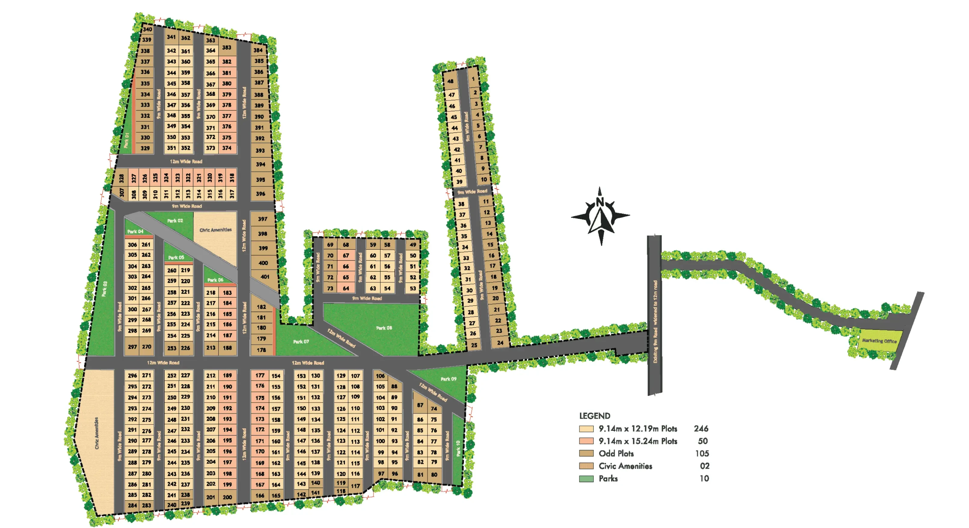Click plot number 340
147,29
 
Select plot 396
260,194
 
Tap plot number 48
450,81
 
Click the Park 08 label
384,328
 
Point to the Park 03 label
105,289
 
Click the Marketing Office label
879,341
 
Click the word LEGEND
594,416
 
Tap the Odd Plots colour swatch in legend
586,453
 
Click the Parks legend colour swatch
586,479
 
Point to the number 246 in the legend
701,429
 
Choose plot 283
146,505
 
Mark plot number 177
260,375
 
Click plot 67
346,255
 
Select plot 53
413,288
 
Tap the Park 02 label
175,221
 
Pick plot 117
355,486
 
